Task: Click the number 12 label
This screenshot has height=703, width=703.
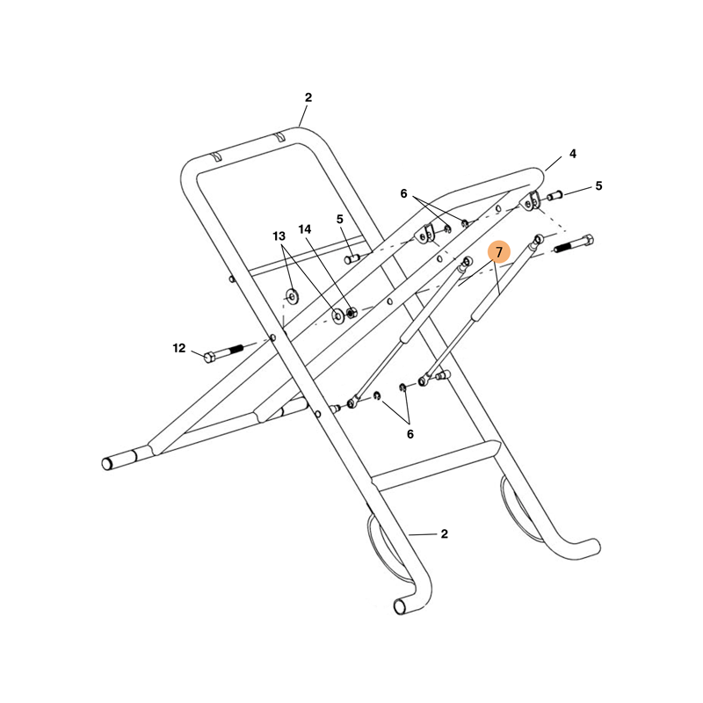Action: pos(179,348)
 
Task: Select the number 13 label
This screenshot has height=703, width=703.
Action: pos(279,236)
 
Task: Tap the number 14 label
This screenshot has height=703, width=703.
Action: pos(305,229)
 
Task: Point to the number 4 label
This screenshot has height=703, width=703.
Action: pos(572,154)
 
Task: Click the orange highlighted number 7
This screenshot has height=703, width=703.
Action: pos(499,252)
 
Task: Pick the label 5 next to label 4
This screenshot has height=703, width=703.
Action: pos(598,185)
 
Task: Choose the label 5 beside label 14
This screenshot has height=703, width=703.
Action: pos(339,219)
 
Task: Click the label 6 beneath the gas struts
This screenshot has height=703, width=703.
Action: pos(409,433)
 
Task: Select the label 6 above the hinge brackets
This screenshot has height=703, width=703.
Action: pos(404,193)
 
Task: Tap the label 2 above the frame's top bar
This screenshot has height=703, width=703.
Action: pos(308,98)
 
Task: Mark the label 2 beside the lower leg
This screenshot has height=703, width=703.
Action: pos(445,533)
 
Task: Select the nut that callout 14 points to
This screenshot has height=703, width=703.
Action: pos(351,312)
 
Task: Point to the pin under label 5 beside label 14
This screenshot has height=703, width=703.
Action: pos(352,258)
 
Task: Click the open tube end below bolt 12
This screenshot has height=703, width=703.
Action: pos(112,462)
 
